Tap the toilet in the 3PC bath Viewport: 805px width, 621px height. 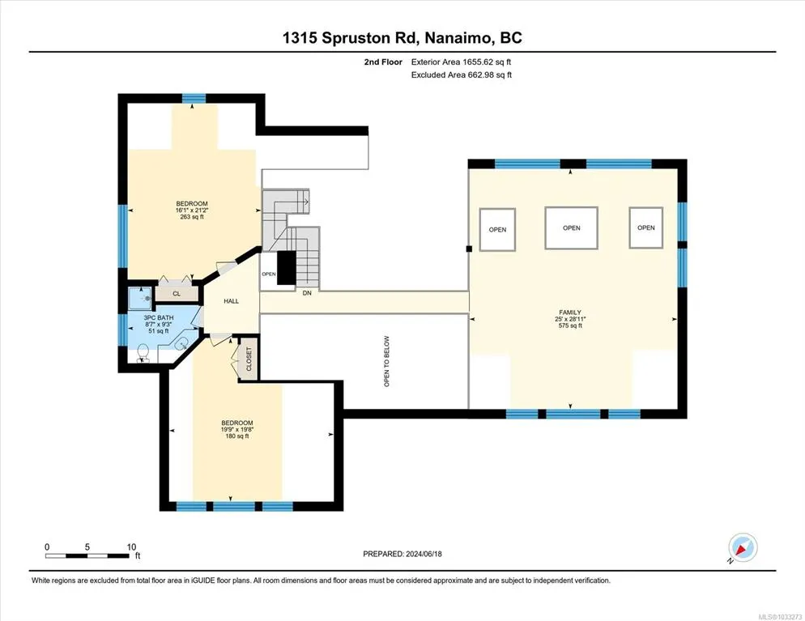click(143, 354)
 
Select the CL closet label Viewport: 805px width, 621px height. click(177, 294)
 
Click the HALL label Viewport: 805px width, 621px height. click(231, 301)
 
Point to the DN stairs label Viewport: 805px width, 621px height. click(307, 293)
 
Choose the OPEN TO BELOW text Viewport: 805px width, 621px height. click(386, 361)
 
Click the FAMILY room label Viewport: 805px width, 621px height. click(570, 312)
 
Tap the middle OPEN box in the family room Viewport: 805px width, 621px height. click(572, 228)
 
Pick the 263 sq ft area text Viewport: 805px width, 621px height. click(192, 217)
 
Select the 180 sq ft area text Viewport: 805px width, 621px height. click(237, 436)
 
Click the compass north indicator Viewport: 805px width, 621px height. click(743, 547)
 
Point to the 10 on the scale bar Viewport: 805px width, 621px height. click(131, 547)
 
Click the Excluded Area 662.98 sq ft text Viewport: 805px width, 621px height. click(462, 75)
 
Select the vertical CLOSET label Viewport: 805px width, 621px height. click(249, 359)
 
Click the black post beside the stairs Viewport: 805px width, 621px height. click(287, 268)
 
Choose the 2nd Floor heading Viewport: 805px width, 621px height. click(383, 62)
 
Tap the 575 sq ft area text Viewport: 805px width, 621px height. click(570, 325)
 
